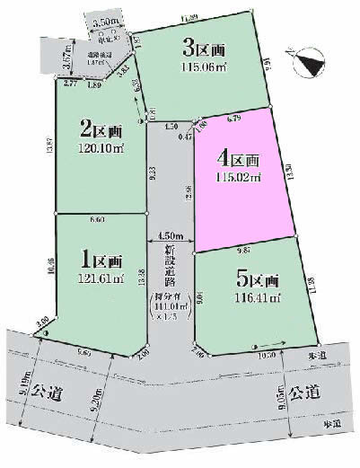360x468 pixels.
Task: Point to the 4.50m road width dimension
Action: coord(171,236)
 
